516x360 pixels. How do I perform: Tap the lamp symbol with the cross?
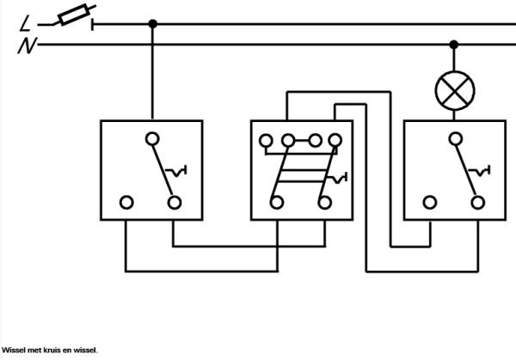point(453,89)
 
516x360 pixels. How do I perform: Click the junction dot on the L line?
point(152,24)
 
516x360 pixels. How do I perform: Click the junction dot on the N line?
point(453,43)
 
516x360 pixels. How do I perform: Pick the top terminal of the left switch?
point(152,137)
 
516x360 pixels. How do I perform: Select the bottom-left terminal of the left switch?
point(126,203)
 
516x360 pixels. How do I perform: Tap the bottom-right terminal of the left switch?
point(175,203)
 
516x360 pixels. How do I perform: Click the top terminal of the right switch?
point(453,137)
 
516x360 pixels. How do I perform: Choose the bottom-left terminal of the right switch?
point(429,203)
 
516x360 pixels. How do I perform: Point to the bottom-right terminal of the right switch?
point(477,203)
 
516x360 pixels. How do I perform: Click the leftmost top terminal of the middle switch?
point(266,140)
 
